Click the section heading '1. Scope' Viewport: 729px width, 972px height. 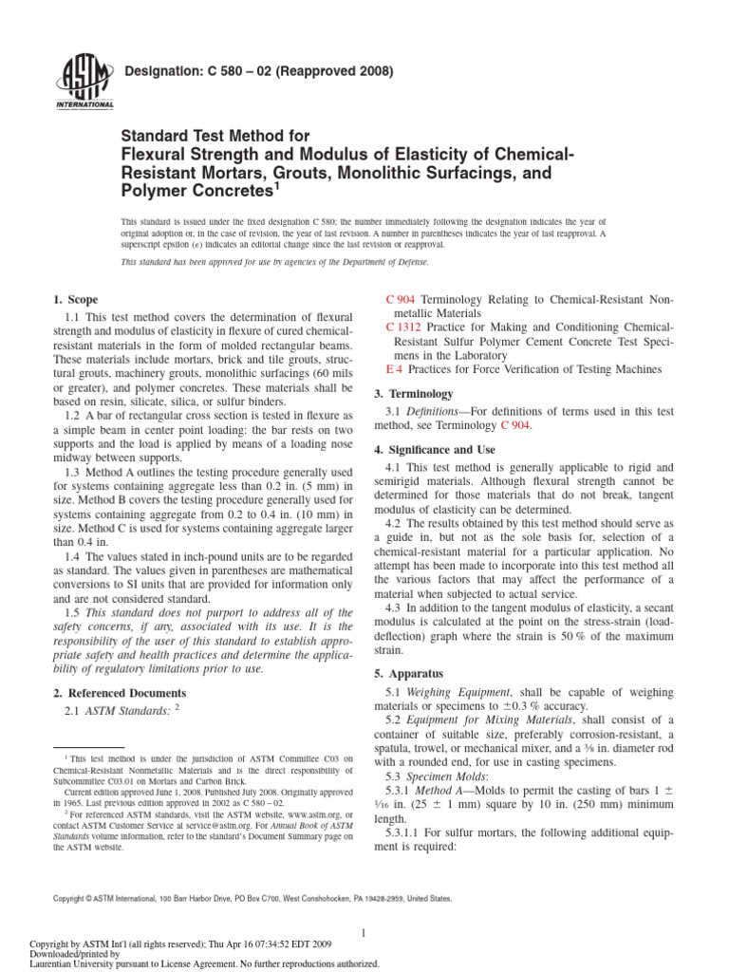76,299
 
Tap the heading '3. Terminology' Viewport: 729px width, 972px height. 419,393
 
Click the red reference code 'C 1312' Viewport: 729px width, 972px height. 405,327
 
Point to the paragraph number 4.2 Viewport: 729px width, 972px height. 394,523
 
